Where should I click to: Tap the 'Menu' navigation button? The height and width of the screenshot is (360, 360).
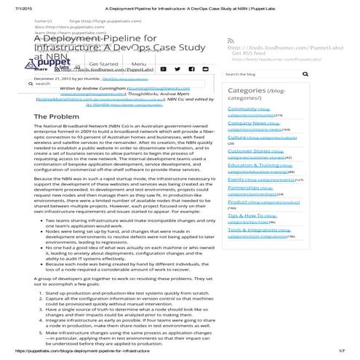(139, 64)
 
